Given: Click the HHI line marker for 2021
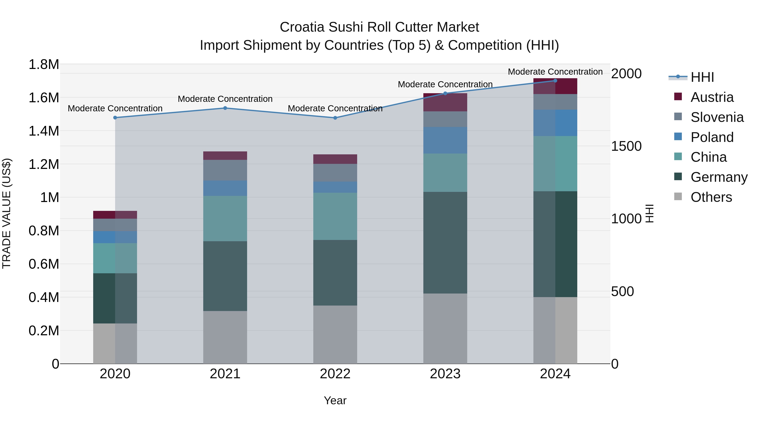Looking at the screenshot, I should (225, 108).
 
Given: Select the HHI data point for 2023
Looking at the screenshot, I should (445, 93).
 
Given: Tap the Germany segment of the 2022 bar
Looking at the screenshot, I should (335, 273).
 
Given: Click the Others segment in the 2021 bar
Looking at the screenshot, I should (225, 337).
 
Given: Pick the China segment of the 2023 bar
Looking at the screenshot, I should (445, 173).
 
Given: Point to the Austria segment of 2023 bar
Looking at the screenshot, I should (445, 102).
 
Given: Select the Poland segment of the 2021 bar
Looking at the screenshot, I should (225, 188).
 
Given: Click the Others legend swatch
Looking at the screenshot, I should (678, 197).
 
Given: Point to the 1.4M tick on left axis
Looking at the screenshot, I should (44, 131).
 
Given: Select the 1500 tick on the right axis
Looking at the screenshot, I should (626, 146).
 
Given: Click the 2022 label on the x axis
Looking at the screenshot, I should (335, 374).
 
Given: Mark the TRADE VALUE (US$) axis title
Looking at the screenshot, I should (7, 213).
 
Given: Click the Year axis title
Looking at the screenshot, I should (335, 400).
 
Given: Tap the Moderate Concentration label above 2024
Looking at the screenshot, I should (555, 72).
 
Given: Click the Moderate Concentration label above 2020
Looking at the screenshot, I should (115, 108).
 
